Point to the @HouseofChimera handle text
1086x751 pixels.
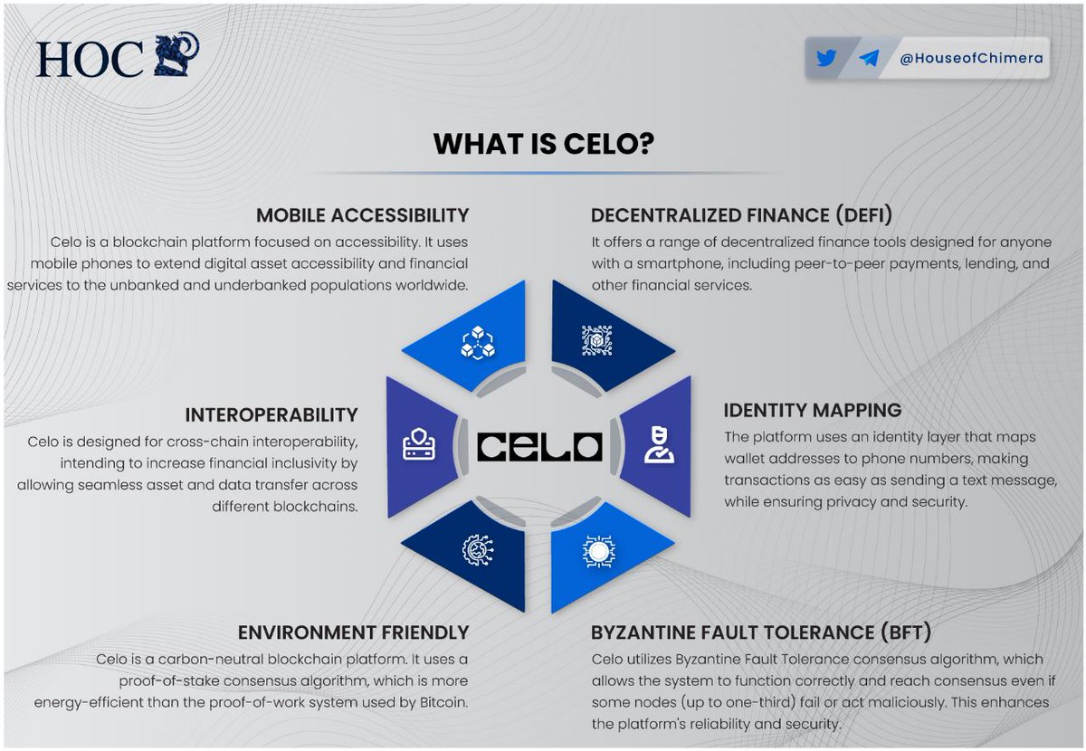[970, 59]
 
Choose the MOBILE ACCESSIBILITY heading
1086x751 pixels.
[362, 215]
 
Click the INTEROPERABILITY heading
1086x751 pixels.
[271, 414]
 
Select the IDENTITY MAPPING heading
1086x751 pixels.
[813, 410]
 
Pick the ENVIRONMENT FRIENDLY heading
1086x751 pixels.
[353, 632]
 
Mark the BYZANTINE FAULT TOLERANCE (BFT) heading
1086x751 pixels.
[761, 632]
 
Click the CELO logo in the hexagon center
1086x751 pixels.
[540, 446]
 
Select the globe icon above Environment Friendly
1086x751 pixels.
[477, 550]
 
